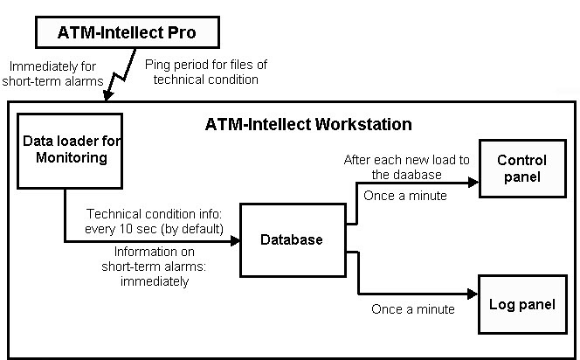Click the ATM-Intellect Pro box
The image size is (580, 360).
point(128,33)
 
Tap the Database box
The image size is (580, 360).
point(293,239)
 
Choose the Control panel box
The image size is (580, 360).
point(521,169)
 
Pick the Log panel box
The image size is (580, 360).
point(521,305)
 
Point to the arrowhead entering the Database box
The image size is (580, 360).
point(235,243)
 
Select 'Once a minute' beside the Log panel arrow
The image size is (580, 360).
point(413,308)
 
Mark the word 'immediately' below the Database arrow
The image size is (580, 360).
point(155,282)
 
